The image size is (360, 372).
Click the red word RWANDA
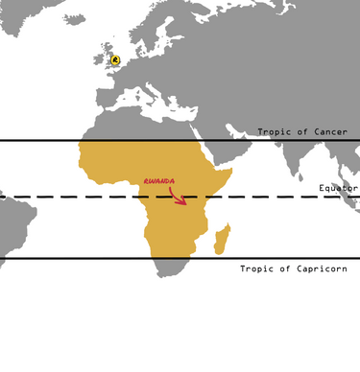tap(158, 180)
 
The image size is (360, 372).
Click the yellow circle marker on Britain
tap(116, 59)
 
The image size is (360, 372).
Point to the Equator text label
tap(338, 188)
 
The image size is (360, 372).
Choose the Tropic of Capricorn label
tap(292, 268)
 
